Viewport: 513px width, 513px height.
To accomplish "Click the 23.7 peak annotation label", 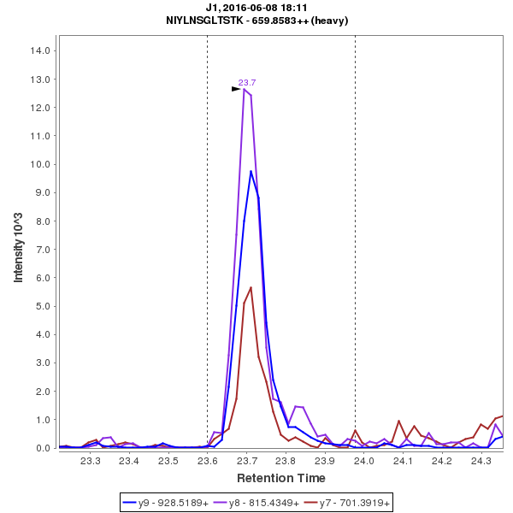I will (247, 83).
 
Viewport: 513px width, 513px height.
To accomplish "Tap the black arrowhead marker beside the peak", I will (237, 89).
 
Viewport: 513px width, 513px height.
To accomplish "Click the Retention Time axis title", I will (280, 478).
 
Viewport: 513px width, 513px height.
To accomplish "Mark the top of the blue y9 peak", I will (251, 171).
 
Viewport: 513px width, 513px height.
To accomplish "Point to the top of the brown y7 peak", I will (251, 287).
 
